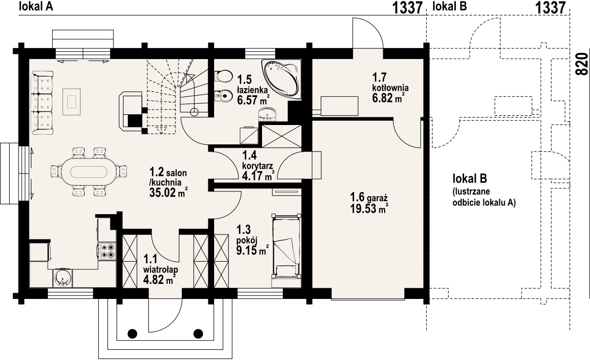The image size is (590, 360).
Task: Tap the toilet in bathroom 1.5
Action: coord(224,77)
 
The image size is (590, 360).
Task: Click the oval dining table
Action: coord(89,172)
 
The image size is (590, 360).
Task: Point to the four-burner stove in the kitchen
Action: coord(108,250)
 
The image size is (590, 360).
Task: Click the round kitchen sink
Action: coord(62,278)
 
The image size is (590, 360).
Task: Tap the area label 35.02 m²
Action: coord(169,193)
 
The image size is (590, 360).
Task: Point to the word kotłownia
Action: coord(390,87)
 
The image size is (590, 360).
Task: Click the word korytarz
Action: coord(257,166)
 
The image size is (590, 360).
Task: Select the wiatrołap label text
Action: coord(161,269)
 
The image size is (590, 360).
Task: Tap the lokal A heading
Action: coord(36,6)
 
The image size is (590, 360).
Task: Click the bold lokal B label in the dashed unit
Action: coord(470,178)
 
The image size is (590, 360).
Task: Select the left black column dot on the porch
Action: coord(133,333)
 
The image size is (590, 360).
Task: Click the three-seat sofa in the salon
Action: coord(42,103)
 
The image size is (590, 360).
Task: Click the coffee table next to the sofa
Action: coord(71,102)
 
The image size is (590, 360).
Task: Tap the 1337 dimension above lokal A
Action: coord(408,7)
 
